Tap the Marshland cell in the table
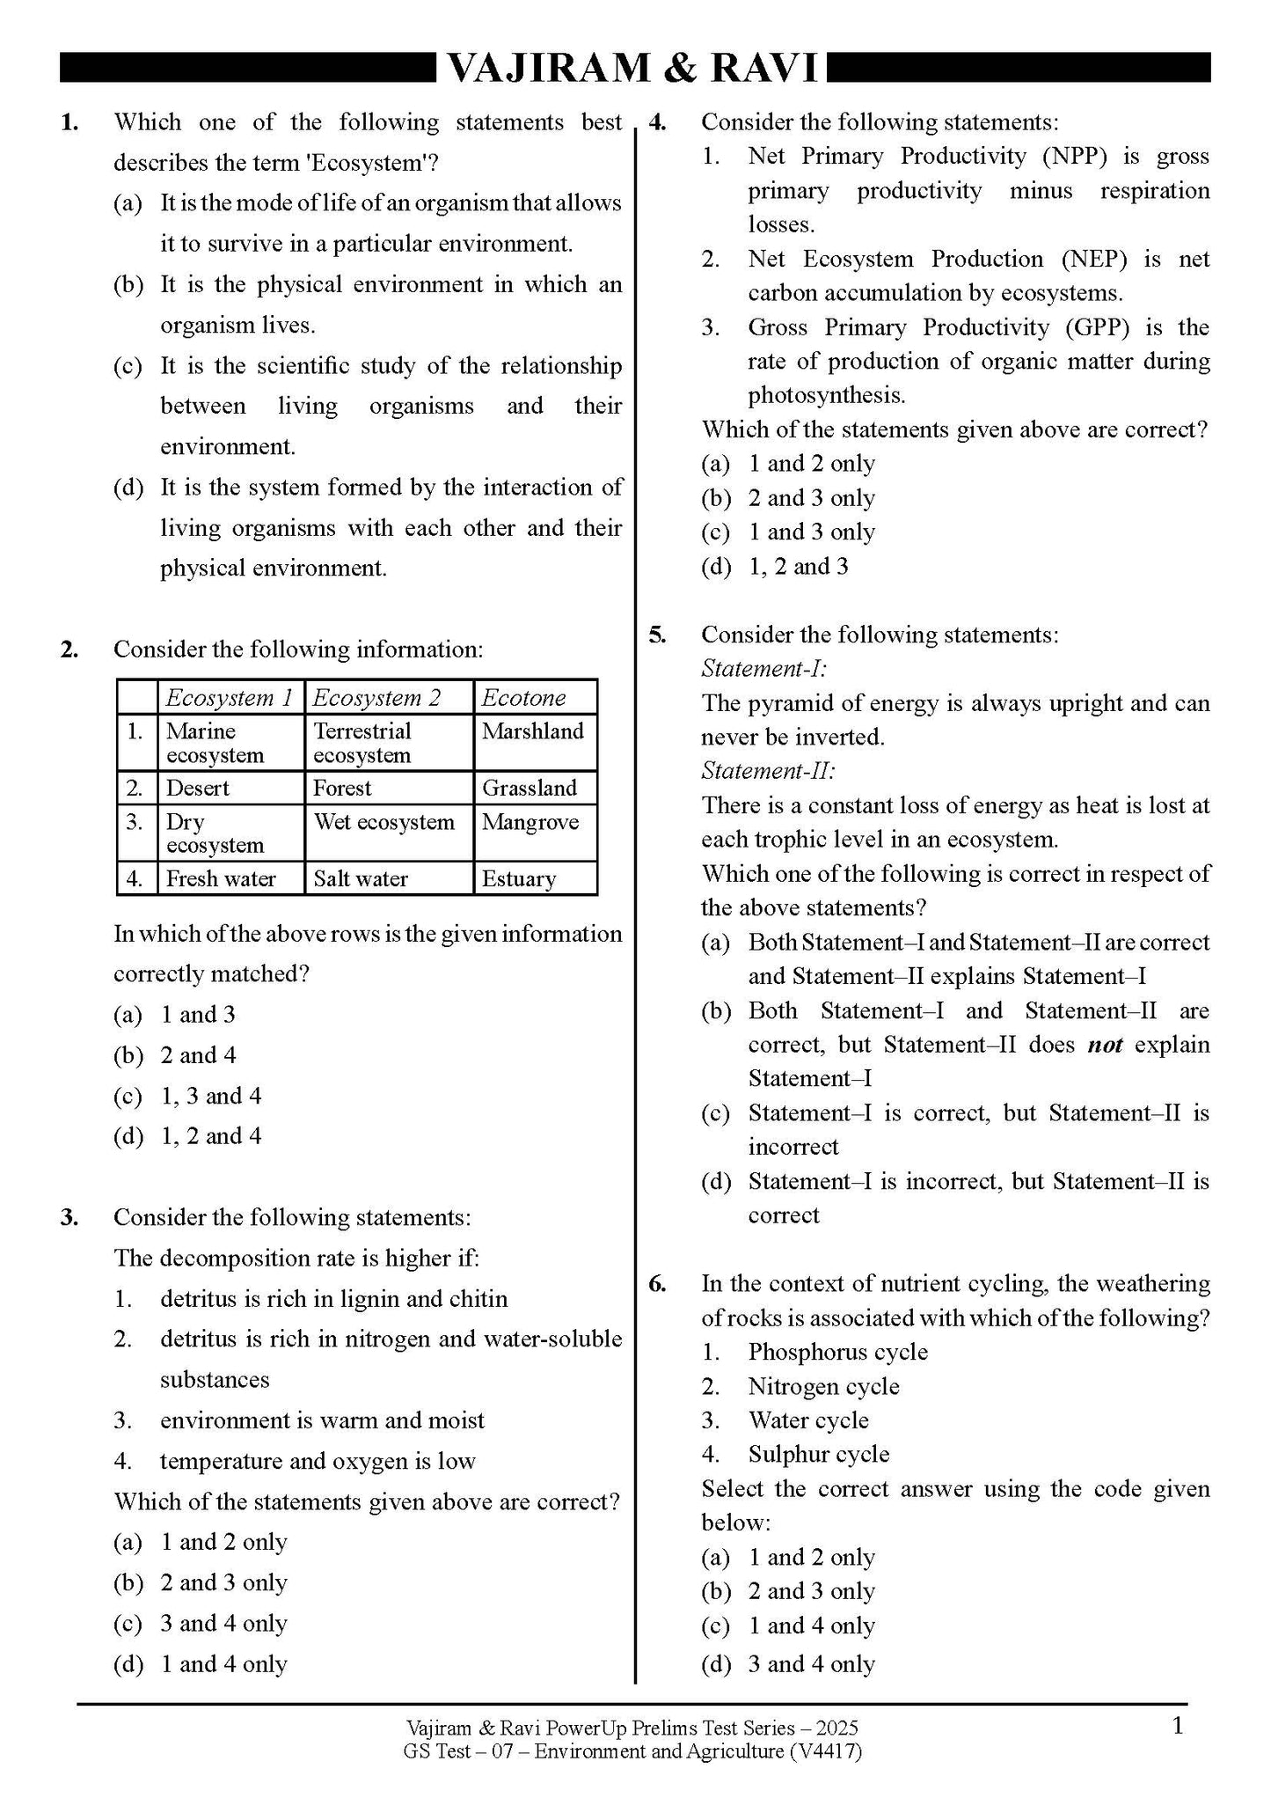coord(533,731)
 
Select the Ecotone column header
coord(523,698)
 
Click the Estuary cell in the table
coord(519,878)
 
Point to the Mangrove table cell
coord(530,822)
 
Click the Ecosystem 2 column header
coord(376,698)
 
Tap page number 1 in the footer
coord(1179,1726)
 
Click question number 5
coord(657,635)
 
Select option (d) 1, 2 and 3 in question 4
coord(797,567)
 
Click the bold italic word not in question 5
coord(1105,1045)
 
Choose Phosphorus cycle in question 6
coord(837,1352)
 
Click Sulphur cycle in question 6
coord(818,1454)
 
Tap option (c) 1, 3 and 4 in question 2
coord(210,1096)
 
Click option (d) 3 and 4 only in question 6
coord(810,1663)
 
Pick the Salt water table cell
coord(361,878)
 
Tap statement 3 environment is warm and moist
coord(322,1420)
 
